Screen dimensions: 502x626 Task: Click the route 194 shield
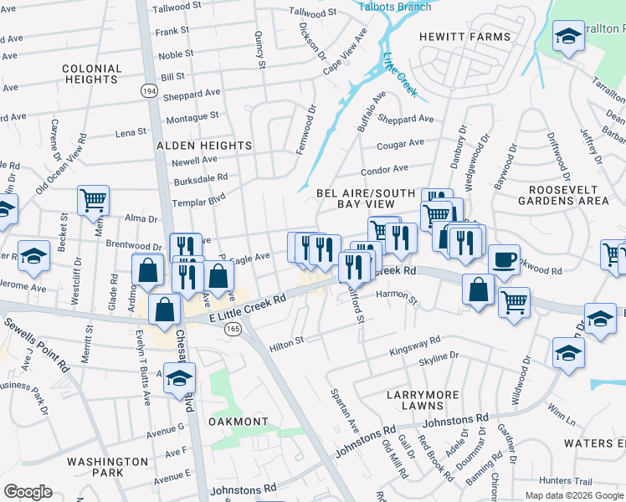[149, 90]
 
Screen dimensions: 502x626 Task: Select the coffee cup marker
[504, 259]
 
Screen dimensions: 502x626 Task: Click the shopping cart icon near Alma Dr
[93, 200]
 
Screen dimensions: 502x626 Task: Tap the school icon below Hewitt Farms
[569, 38]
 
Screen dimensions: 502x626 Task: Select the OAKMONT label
[239, 422]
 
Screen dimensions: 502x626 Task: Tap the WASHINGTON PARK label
[108, 467]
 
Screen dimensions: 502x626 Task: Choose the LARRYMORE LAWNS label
[413, 399]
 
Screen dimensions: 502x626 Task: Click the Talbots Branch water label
[395, 7]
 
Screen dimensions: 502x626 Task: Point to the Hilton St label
[286, 342]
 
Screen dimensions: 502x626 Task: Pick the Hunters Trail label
[589, 480]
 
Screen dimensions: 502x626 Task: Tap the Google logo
[28, 492]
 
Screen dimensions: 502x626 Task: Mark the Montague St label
[192, 117]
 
